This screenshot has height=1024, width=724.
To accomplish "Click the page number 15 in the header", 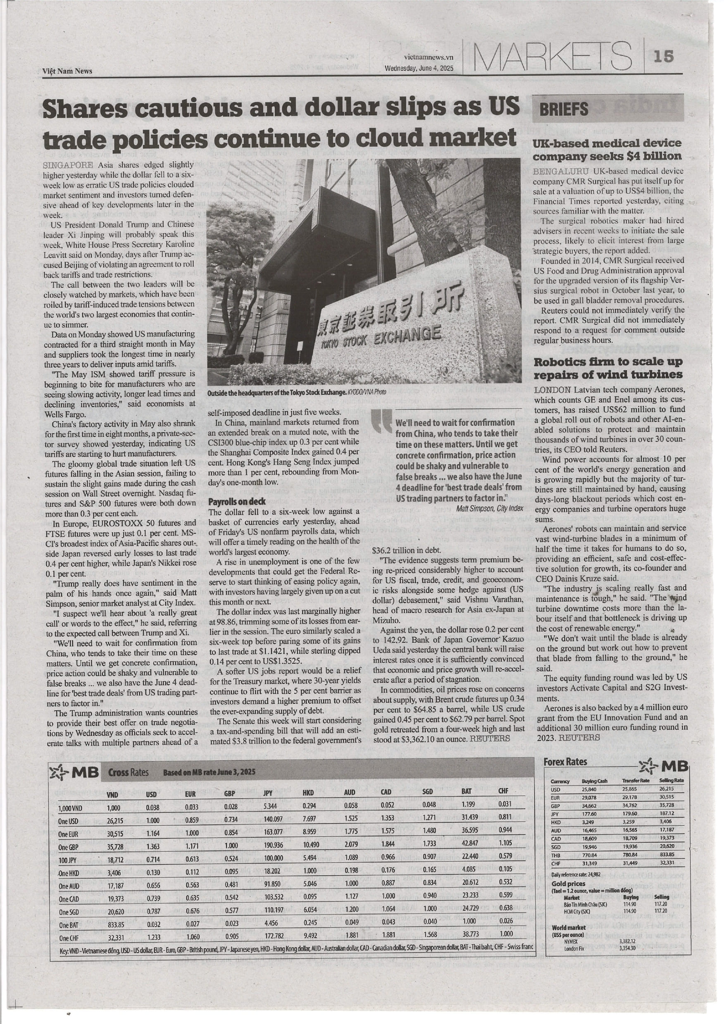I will (663, 56).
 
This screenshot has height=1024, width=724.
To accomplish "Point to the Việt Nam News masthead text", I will (67, 71).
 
